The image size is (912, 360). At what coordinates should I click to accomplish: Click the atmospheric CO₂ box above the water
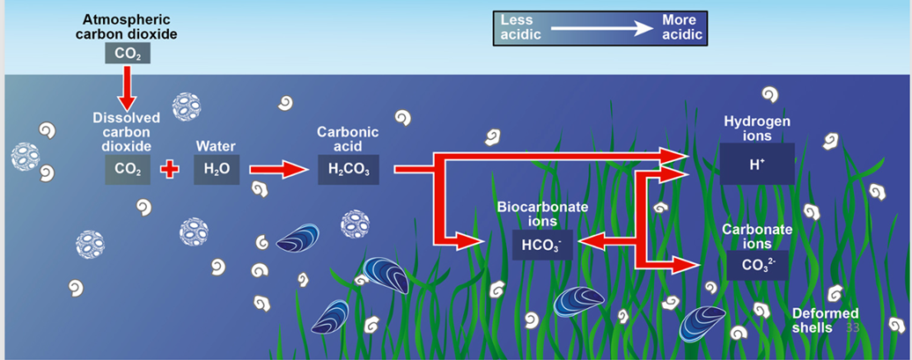[x=127, y=54]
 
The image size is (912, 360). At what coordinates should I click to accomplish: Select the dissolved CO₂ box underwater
[x=127, y=167]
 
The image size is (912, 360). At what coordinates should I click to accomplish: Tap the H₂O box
[x=216, y=167]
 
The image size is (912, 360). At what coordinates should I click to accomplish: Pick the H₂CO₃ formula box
[x=348, y=167]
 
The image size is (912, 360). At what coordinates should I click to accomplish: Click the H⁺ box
[x=756, y=164]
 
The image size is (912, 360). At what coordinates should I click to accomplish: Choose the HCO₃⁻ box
[x=541, y=246]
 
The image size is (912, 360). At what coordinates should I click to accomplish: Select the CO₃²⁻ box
[x=758, y=264]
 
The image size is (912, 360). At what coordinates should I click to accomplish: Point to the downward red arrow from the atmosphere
[x=128, y=89]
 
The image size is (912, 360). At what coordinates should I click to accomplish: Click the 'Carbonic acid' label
[x=348, y=138]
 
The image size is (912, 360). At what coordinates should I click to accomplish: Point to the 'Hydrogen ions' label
[x=757, y=128]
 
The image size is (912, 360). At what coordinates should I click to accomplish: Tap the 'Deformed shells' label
[x=825, y=320]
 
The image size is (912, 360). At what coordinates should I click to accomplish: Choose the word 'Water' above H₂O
[x=216, y=145]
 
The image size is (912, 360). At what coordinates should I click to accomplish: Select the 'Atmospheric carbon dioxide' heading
[x=129, y=26]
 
